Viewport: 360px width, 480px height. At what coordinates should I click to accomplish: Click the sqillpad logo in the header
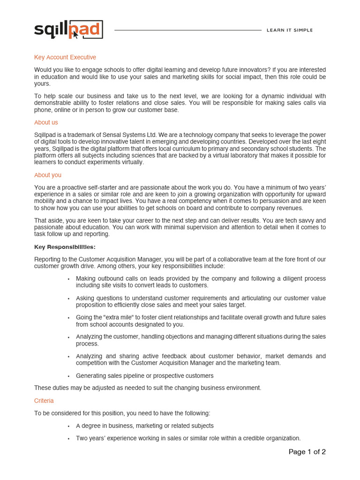pos(68,30)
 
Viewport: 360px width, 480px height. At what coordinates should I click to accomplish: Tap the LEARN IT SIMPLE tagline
pos(289,30)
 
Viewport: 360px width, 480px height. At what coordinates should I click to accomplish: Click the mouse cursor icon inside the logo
pos(75,34)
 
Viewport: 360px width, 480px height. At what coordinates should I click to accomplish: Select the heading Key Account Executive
pos(65,57)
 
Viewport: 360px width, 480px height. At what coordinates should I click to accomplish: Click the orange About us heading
pos(46,122)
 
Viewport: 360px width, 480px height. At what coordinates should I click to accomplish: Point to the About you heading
pos(47,175)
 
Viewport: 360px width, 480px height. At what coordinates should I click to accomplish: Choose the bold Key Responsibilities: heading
pos(65,247)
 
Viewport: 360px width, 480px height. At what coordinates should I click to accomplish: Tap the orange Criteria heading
pos(44,401)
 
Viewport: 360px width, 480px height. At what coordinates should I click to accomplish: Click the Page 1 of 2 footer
pos(307,452)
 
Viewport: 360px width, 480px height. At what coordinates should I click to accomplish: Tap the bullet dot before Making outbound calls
pos(68,279)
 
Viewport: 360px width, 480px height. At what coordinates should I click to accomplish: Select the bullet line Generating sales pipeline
pos(144,375)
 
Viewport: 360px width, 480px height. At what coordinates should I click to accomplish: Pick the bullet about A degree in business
pos(144,426)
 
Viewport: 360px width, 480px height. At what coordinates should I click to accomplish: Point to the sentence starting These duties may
pos(147,388)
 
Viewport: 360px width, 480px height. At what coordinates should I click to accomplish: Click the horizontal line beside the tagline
pos(187,30)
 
